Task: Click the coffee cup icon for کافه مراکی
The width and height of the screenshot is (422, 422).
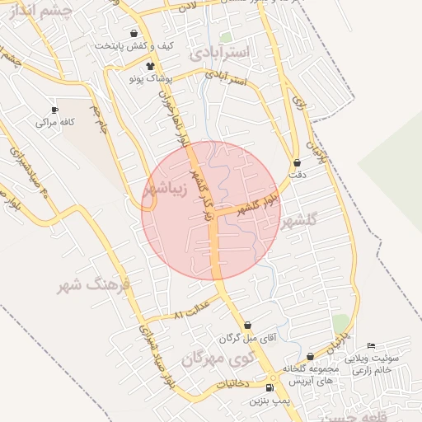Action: [54, 110]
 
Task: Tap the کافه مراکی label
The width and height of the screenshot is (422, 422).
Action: [49, 122]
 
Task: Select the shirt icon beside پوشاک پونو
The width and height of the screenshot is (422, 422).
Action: [149, 66]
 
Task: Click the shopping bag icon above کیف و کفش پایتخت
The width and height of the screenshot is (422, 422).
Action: [133, 33]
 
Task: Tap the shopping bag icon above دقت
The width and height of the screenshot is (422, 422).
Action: [297, 163]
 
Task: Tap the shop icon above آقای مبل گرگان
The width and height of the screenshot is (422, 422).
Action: [247, 326]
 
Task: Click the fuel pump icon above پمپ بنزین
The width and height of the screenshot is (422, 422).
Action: [270, 388]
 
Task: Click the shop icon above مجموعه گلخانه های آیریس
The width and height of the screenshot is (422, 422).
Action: [310, 356]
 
